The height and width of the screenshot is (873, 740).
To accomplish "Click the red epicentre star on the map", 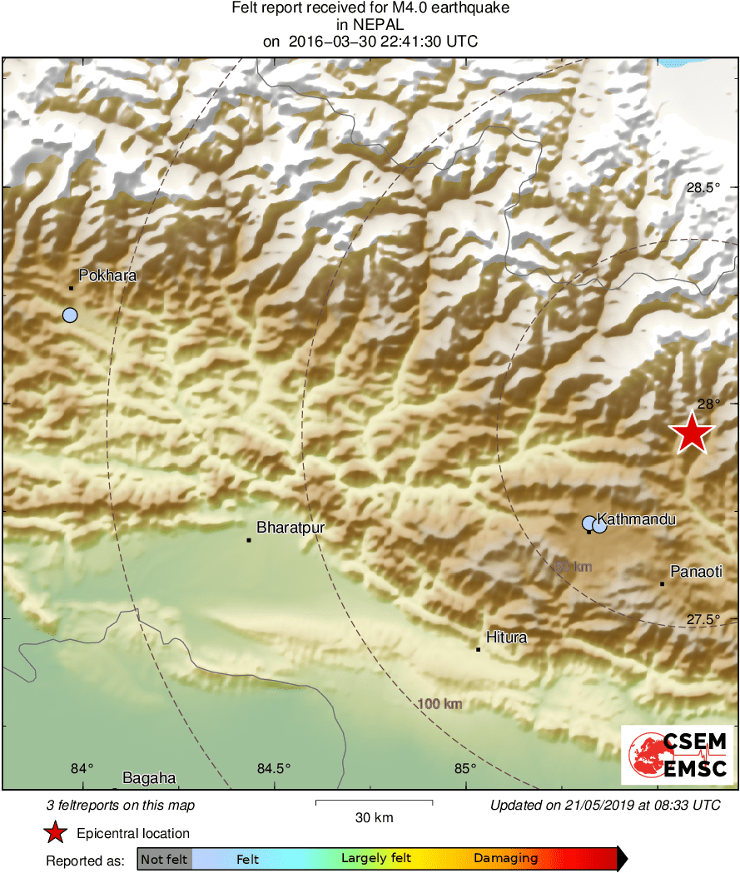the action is pos(691,433).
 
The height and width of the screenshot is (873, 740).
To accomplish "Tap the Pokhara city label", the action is pos(107,275).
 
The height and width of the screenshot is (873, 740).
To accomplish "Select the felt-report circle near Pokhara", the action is pos(70,315).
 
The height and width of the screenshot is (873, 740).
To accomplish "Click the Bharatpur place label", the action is pos(290,527).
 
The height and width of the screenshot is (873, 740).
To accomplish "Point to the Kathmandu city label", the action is pos(636,519).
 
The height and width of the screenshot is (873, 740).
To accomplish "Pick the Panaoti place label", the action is pos(696,571).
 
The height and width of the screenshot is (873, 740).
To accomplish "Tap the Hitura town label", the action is pos(506,637).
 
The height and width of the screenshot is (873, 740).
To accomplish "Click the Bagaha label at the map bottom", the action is pos(149,778).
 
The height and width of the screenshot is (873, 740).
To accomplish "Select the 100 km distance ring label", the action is pos(440,704).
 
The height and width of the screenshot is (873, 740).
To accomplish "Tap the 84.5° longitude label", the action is pos(274,768).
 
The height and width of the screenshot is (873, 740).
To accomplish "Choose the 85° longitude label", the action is pos(464,768).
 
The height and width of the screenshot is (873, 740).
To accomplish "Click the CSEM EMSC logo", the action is pos(678,754).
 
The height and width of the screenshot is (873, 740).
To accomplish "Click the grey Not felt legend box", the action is pos(164,858).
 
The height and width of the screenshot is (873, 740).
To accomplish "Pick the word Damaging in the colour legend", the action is pos(505,858).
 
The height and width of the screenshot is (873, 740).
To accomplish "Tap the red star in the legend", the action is pos(56,832).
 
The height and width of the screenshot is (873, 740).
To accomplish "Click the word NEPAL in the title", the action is pos(370,25).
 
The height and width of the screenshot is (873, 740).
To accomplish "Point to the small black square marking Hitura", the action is pos(479,649).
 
